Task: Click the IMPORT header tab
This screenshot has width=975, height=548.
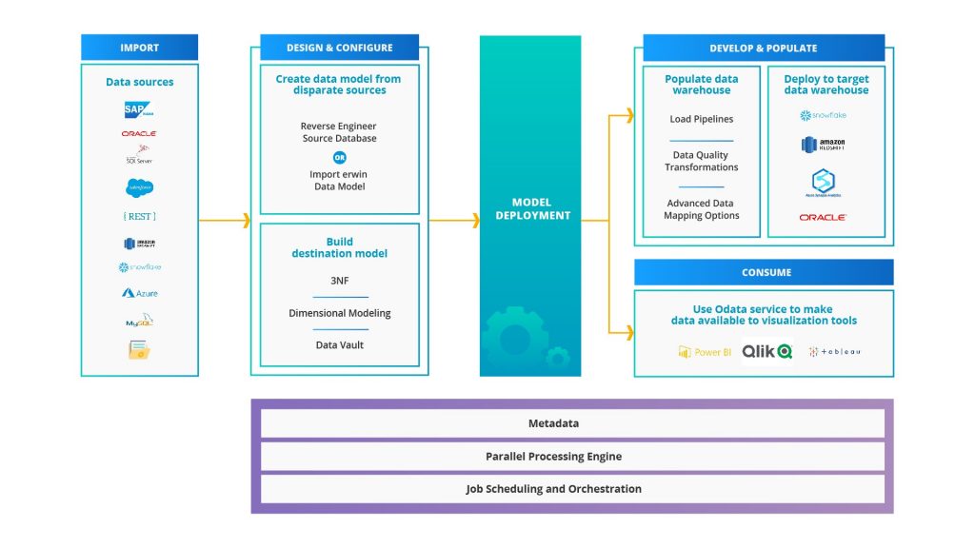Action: pyautogui.click(x=139, y=48)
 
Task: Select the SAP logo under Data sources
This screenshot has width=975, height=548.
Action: pyautogui.click(x=139, y=109)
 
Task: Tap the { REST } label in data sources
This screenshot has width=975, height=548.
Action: pyautogui.click(x=139, y=216)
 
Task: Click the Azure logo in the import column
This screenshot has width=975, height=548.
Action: pyautogui.click(x=139, y=293)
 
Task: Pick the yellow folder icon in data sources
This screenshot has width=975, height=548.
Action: pyautogui.click(x=139, y=350)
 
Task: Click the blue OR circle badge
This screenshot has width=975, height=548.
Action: pyautogui.click(x=339, y=157)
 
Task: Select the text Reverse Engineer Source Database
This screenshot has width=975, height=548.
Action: pyautogui.click(x=339, y=132)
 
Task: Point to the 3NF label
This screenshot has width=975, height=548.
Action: pyautogui.click(x=339, y=281)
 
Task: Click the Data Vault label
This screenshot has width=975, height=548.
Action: pyautogui.click(x=339, y=344)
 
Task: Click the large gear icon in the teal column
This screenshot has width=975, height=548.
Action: pyautogui.click(x=515, y=335)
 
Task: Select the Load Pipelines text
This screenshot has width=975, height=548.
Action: pyautogui.click(x=701, y=119)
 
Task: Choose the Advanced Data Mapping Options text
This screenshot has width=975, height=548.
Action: pyautogui.click(x=701, y=209)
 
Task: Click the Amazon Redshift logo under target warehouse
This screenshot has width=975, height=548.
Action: pyautogui.click(x=824, y=146)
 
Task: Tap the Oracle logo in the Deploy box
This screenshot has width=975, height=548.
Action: pyautogui.click(x=824, y=218)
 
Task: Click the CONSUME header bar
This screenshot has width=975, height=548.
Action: pyautogui.click(x=765, y=272)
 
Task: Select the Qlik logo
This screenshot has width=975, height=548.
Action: pyautogui.click(x=766, y=351)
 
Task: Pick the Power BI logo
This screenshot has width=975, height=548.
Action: pyautogui.click(x=705, y=352)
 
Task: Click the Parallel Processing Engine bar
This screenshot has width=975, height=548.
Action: pyautogui.click(x=553, y=457)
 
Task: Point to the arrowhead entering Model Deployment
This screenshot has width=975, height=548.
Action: pyautogui.click(x=474, y=221)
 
